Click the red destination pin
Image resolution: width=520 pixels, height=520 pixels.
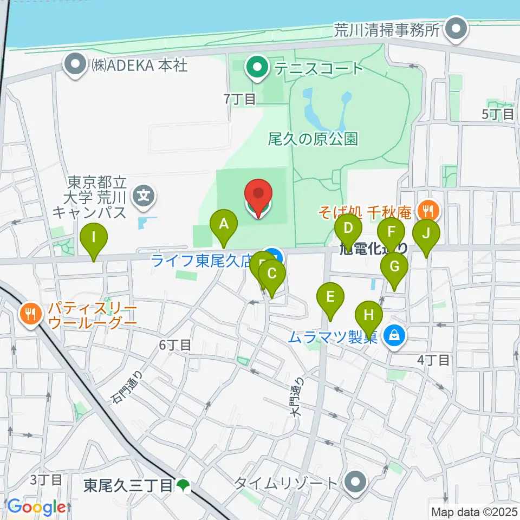click(x=259, y=196)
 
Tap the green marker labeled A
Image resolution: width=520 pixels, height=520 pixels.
click(x=224, y=224)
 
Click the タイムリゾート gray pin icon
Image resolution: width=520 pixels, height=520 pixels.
click(x=355, y=481)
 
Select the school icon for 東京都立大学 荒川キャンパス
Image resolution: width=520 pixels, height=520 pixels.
click(x=144, y=193)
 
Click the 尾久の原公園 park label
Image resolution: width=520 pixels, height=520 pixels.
click(x=313, y=139)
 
